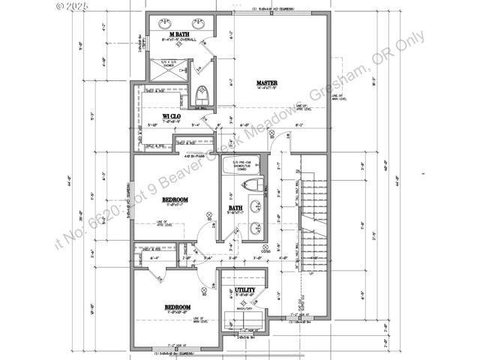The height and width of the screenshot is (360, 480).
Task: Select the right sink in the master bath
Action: (x=199, y=22)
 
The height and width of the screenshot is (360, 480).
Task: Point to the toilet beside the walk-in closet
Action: (x=202, y=96)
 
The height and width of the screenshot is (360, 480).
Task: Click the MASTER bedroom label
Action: (x=268, y=82)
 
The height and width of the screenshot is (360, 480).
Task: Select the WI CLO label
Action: (x=172, y=116)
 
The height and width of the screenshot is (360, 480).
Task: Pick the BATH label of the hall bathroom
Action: (x=235, y=208)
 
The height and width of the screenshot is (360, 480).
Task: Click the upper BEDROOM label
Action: (x=175, y=199)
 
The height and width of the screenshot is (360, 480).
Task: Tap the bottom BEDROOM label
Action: (x=178, y=307)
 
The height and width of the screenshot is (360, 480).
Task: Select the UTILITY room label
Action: (x=245, y=289)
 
